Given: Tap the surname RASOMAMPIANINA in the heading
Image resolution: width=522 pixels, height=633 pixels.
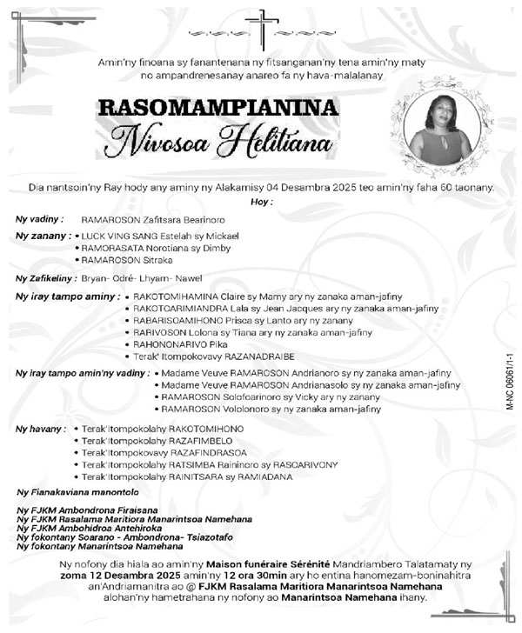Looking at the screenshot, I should pyautogui.click(x=217, y=108).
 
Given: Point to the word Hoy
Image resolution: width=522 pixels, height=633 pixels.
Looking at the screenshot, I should pyautogui.click(x=261, y=201).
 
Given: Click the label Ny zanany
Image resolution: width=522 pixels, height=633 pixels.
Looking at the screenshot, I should pyautogui.click(x=43, y=235).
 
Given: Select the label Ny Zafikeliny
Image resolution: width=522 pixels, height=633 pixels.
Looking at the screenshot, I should pyautogui.click(x=44, y=278).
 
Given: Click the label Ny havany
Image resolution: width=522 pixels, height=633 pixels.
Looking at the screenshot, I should pyautogui.click(x=41, y=429).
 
